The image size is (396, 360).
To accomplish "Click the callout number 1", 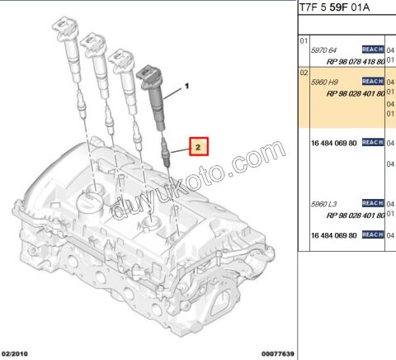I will [186, 86].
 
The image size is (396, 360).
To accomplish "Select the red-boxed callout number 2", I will [198, 147].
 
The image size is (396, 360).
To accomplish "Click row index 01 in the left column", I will [303, 40].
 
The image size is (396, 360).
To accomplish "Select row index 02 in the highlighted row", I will [303, 73].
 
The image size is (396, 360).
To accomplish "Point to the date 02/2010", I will [15, 354].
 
